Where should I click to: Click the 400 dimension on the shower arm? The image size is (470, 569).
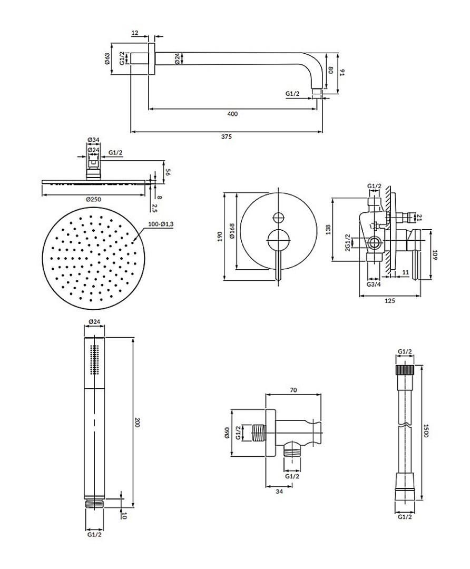pos(232,114)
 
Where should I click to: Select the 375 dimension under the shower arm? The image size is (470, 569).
pos(226,137)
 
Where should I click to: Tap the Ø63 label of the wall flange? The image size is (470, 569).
pos(107,59)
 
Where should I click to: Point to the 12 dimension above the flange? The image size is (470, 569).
pos(135,33)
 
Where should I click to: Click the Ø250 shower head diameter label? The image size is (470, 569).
pos(94,199)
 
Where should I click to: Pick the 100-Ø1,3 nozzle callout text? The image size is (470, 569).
pos(161,224)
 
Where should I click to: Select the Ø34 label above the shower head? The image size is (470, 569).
pos(94,140)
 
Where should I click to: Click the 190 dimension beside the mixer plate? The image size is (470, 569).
pos(219,237)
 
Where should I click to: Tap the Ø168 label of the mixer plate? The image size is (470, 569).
pos(232,231)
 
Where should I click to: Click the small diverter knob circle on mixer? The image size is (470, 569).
pos(278,217)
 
